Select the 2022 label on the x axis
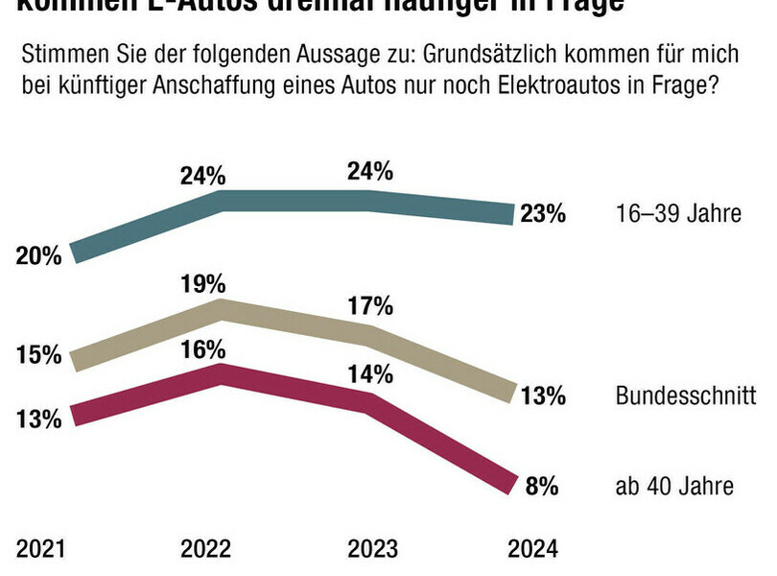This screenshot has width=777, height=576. tap(205, 549)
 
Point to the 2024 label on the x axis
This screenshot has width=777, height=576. tap(532, 549)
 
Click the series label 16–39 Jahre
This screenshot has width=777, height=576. tap(677, 213)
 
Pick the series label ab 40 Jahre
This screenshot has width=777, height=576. tap(674, 487)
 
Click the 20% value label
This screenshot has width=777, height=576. tap(38, 255)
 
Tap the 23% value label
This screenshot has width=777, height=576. tap(542, 214)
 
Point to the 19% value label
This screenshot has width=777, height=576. tap(203, 283)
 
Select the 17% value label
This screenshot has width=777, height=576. tap(370, 307)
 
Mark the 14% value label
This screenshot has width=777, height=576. tap(370, 375)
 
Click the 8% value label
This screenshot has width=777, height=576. tap(542, 487)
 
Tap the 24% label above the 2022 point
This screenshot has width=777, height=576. tap(203, 176)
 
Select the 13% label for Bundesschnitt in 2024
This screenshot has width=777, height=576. tap(542, 395)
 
